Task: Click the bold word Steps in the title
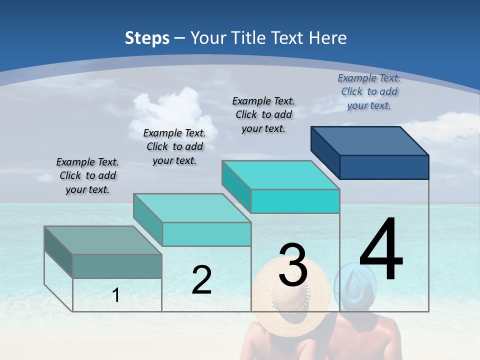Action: click(147, 38)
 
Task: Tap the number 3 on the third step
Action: click(293, 264)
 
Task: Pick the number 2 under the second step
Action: click(201, 280)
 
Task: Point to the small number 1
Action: click(116, 295)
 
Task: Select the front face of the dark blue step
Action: click(384, 167)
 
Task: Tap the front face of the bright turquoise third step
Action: click(295, 201)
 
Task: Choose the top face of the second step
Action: click(192, 207)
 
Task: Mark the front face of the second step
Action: click(206, 234)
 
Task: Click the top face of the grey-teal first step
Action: click(103, 240)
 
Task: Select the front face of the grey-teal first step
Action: click(117, 266)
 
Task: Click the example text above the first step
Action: click(87, 175)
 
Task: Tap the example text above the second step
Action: click(174, 146)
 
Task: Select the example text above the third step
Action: click(263, 114)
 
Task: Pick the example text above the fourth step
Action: click(369, 91)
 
